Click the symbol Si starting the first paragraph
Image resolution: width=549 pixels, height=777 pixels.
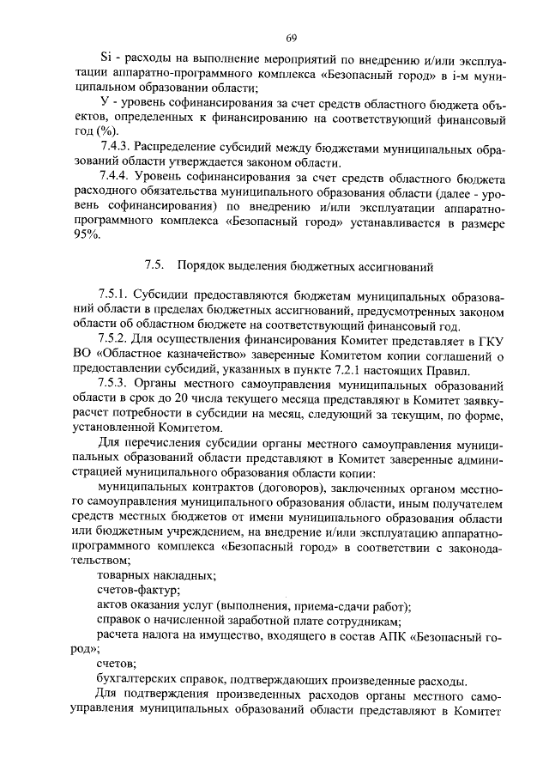click(106, 58)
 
